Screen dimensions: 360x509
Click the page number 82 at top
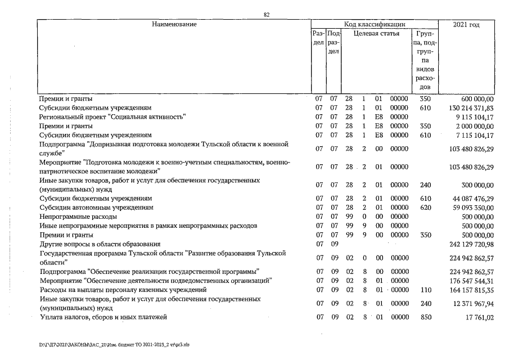(x=267, y=15)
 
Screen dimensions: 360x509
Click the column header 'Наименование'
(x=174, y=24)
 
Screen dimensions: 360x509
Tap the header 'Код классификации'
(x=375, y=24)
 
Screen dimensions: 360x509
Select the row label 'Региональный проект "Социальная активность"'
(x=112, y=116)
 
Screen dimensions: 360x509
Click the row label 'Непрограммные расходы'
(x=78, y=216)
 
